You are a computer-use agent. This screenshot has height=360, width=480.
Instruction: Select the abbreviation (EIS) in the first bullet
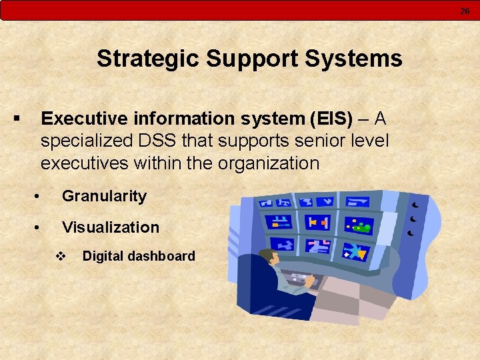pos(331,119)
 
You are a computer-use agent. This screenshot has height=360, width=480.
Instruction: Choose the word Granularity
pos(104,196)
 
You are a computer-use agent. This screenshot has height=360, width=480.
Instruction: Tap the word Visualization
pos(111,227)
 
